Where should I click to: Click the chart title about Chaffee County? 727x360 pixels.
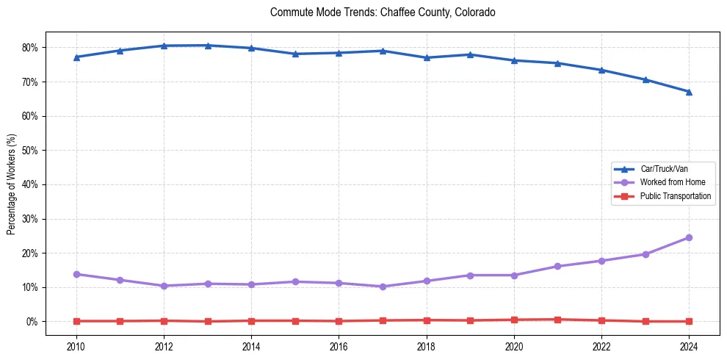point(383,12)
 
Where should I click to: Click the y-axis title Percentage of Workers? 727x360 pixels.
point(11,184)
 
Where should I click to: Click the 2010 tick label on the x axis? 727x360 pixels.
point(76,347)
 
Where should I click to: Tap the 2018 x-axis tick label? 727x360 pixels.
point(427,347)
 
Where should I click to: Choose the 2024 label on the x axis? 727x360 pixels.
point(689,347)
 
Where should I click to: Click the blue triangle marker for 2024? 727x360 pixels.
point(689,92)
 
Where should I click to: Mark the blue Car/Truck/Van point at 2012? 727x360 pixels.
point(164,46)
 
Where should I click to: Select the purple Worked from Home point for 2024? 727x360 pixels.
point(689,237)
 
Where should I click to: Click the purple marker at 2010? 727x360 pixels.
point(76,274)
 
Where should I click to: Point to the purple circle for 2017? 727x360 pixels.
point(383,287)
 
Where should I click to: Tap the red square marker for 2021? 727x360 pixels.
point(558,320)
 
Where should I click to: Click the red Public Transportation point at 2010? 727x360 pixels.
point(76,321)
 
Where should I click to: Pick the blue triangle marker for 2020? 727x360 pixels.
point(514,60)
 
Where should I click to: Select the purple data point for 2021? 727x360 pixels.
point(558,266)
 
